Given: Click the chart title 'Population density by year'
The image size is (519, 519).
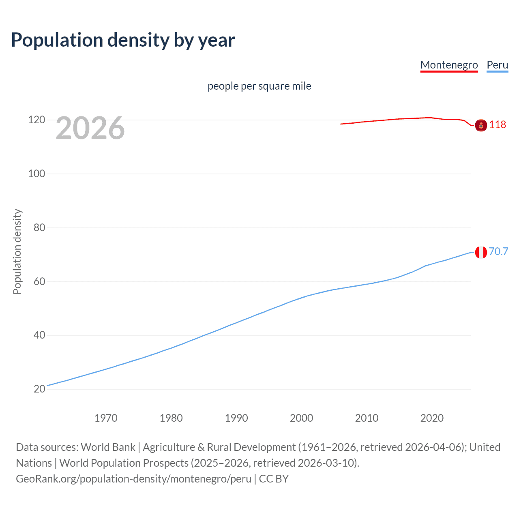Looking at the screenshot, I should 123,40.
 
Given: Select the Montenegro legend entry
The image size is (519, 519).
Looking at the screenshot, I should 449,65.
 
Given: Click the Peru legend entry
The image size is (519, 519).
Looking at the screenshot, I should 497,65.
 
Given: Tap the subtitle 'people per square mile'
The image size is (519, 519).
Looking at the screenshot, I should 259,86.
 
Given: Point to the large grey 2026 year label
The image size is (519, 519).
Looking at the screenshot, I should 90,128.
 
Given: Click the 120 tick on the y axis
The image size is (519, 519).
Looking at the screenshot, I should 36,120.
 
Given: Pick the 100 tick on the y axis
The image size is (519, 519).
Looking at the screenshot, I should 36,174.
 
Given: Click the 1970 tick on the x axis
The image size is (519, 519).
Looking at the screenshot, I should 106,418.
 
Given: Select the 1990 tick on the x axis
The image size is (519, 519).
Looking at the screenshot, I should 236,418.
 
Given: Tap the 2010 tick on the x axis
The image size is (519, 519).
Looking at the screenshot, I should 367,418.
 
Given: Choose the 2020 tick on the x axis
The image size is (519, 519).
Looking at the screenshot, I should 432,418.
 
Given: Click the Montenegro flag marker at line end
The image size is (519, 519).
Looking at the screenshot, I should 481,126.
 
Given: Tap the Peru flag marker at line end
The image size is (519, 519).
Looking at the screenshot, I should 481,252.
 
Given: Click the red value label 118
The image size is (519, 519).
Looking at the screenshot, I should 498,124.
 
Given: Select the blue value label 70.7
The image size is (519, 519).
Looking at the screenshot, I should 498,251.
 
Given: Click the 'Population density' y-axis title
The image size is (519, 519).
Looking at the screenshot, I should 17,251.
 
